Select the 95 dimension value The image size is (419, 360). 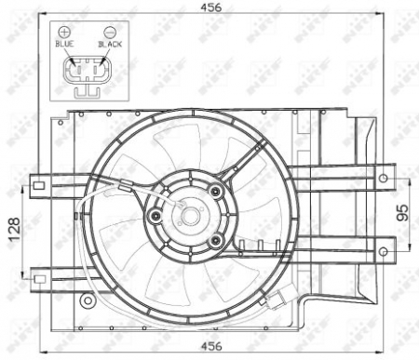pos(401,213)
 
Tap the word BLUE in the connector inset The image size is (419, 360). pos(64,44)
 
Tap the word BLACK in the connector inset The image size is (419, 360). pos(110,44)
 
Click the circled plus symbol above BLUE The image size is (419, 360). pos(64,32)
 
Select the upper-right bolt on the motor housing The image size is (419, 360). pos(215,192)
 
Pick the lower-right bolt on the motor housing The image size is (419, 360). pos(215,240)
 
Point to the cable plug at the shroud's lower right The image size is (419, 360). pos(276,301)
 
